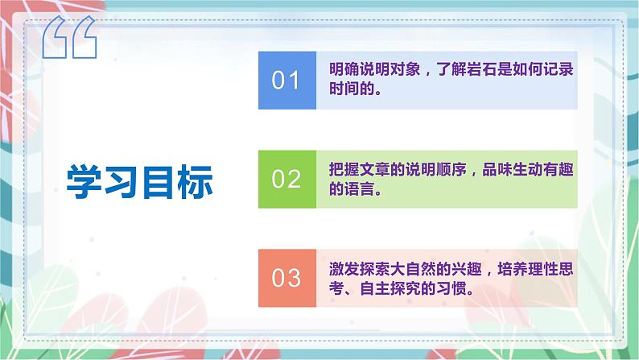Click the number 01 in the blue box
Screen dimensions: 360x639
(x=286, y=81)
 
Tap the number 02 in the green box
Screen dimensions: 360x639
(x=286, y=179)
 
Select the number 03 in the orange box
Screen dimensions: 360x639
(x=286, y=279)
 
